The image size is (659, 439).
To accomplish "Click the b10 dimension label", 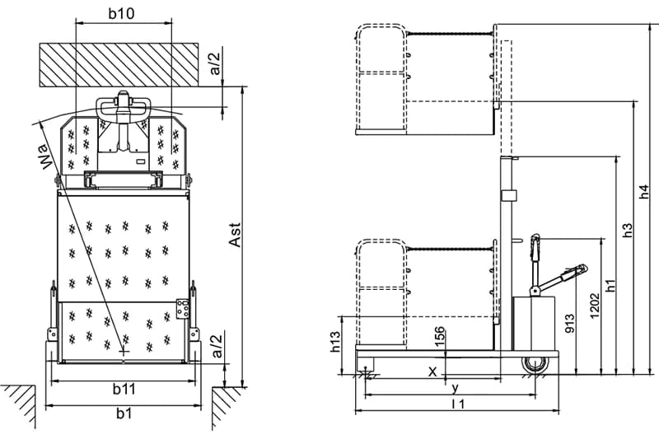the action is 121,13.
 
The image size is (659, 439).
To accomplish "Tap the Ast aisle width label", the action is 235,235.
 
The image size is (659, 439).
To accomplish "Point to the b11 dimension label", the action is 124,389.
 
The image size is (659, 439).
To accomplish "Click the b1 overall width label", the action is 124,413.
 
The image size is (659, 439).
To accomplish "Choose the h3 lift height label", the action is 627,230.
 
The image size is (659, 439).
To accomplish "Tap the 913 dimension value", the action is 569,323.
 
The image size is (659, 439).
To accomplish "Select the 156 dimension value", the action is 439,337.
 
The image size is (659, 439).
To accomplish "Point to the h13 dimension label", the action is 335,342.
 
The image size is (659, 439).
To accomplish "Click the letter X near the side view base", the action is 432,371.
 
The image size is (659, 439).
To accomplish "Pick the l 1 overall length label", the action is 458,404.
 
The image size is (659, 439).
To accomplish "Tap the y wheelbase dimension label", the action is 456,388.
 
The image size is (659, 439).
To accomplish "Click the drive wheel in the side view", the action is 535,365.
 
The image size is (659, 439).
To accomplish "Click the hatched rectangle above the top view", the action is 119,65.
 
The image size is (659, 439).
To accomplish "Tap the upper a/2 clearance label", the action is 215,63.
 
